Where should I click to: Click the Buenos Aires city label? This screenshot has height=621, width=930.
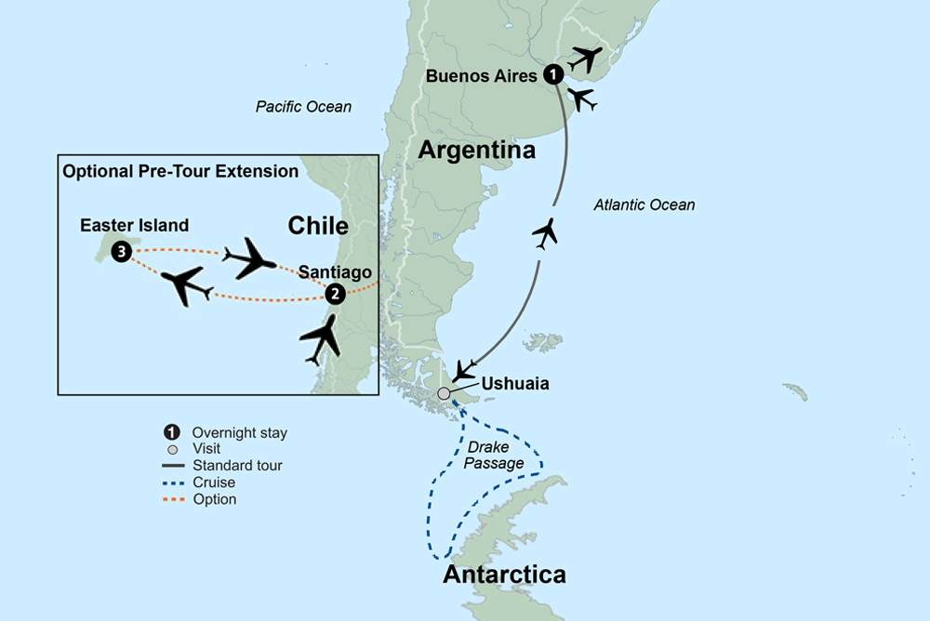tap(482, 76)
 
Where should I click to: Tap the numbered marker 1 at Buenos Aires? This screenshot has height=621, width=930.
tap(553, 74)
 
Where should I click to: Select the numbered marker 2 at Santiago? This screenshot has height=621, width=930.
tap(335, 294)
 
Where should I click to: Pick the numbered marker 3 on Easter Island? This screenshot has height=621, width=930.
tap(121, 252)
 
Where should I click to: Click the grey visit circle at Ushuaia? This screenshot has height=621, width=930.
tap(444, 394)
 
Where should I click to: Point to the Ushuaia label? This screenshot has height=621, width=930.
tap(514, 383)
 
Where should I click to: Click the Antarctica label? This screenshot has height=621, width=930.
tap(504, 575)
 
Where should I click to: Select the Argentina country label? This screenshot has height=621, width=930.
tap(477, 150)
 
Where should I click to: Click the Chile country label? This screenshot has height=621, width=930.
tap(318, 226)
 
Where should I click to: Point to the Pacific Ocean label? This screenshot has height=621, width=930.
tap(304, 107)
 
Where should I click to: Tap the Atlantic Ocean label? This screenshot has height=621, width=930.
tap(644, 205)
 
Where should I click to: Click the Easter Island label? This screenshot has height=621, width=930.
tap(134, 225)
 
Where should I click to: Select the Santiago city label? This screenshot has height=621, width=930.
tap(335, 271)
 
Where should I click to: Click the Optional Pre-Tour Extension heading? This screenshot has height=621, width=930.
tap(180, 171)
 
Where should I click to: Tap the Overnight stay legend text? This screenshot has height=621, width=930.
tap(239, 432)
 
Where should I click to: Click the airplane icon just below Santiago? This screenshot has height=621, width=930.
tap(321, 340)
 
